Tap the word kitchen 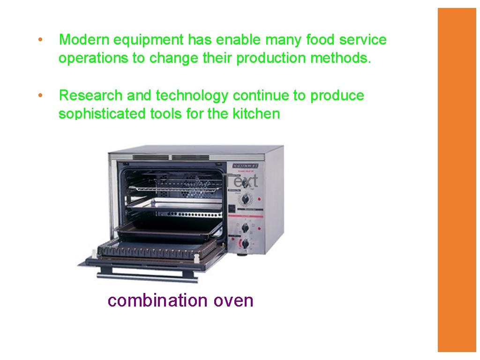256,114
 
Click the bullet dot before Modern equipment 41,40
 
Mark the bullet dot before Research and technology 41,95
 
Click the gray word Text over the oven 240,181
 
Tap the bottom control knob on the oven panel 245,244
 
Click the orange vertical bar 457,180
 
